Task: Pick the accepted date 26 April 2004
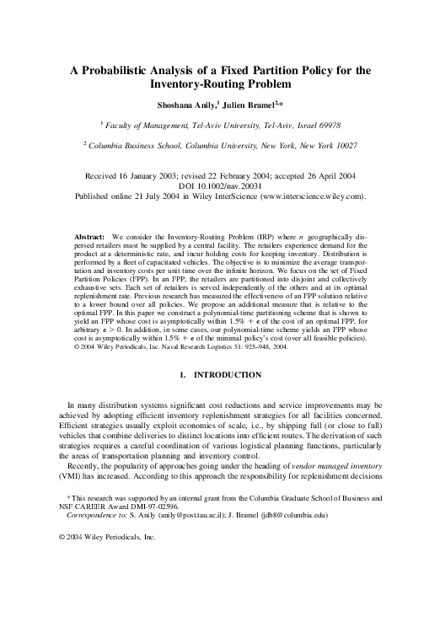(322, 178)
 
